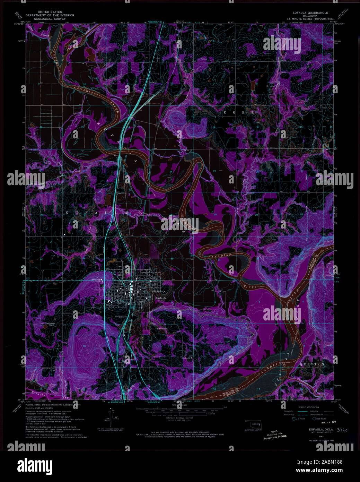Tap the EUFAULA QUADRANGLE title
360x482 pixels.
pos(310,12)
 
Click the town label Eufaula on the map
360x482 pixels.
pos(161,298)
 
